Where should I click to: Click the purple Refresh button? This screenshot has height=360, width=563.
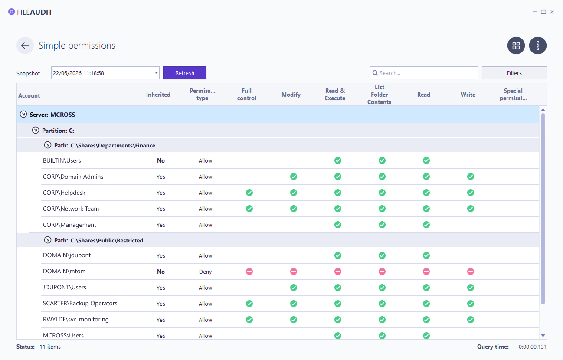185,73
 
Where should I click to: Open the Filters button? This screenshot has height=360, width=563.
514,73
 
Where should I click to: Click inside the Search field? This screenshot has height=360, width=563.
427,73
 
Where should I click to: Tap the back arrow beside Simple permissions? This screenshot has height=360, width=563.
25,46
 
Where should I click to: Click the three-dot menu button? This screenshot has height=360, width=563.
537,46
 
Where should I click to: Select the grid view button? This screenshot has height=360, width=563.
516,46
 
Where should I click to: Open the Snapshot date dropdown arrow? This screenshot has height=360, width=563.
156,73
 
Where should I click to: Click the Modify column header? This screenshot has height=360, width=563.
291,95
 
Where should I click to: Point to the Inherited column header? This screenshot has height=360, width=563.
158,95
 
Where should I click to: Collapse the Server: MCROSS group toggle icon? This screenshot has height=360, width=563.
23,114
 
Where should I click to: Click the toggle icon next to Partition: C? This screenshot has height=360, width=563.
36,130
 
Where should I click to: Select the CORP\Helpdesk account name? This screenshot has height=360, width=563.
64,193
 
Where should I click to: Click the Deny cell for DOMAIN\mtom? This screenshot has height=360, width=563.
205,272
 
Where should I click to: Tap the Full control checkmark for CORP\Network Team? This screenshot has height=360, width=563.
249,209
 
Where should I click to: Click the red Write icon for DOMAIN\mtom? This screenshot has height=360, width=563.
471,272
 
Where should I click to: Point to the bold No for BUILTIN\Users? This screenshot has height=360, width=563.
161,160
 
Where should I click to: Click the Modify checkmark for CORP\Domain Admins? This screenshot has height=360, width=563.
294,177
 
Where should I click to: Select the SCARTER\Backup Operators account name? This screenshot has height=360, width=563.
80,304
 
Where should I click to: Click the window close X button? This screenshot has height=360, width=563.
552,12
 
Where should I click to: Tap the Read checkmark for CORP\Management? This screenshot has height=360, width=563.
426,225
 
